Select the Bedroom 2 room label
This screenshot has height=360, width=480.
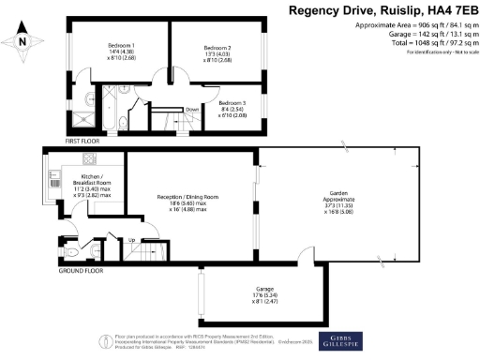coord(217,48)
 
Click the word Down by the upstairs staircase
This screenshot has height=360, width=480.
coord(192,109)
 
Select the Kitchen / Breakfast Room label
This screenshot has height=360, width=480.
coord(92,177)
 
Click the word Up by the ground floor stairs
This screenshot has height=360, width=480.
coord(130,242)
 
